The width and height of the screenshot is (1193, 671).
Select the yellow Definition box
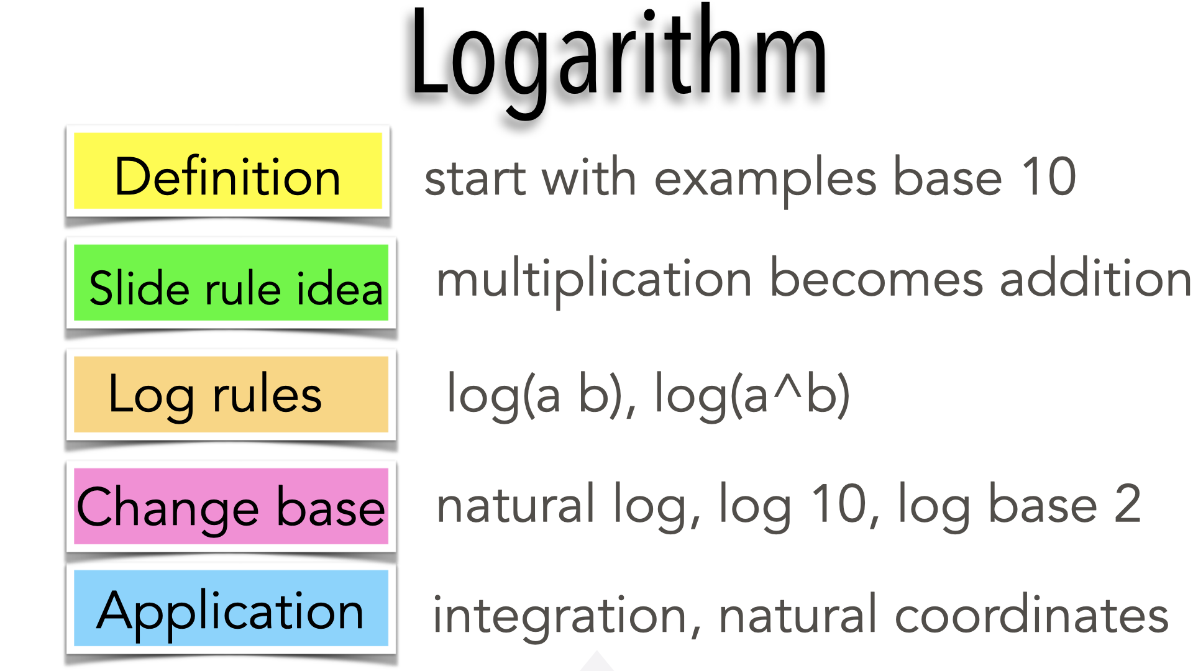coord(228,171)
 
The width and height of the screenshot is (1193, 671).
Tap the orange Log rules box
coord(231,394)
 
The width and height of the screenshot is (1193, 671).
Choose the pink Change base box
coord(231,506)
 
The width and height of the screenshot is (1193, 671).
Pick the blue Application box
coord(231,608)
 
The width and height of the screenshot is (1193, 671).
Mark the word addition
coord(1095,278)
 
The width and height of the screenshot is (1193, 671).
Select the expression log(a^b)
coord(752,395)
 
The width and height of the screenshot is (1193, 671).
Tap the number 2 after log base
coord(1128,503)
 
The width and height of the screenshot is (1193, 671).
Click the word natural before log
coord(516,503)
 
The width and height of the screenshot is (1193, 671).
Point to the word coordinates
coord(1031,614)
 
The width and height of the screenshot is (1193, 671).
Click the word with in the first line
coord(588,176)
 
